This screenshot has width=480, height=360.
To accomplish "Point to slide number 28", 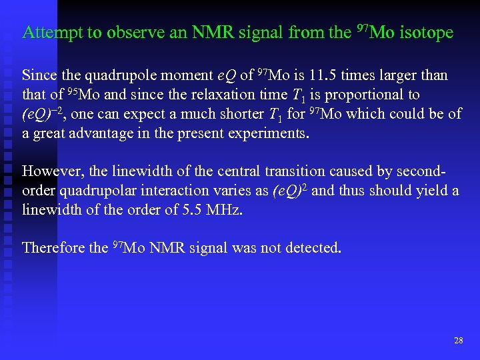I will (458, 341).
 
